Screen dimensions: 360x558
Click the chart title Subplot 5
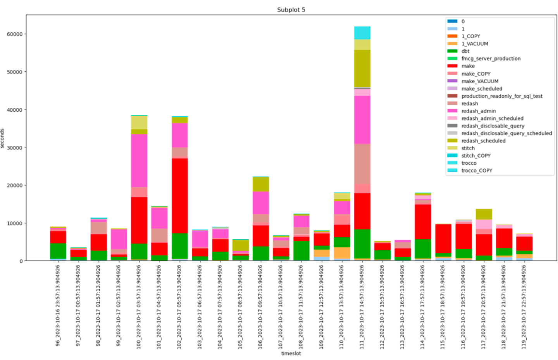click(291, 10)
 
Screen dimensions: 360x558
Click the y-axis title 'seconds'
click(3, 138)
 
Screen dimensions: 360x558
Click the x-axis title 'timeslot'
click(291, 353)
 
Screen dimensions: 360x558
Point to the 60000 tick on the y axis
click(15, 34)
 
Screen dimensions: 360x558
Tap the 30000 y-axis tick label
click(15, 148)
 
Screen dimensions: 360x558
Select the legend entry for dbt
click(465, 51)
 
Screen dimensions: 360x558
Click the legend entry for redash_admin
click(478, 111)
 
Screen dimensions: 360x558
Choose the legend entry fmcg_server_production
click(491, 59)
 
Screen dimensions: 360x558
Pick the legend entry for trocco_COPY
click(477, 171)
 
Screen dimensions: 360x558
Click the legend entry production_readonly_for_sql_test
click(501, 96)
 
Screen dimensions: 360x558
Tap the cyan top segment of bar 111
click(362, 33)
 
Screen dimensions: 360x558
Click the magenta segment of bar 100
click(139, 160)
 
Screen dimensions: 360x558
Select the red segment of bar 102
click(180, 196)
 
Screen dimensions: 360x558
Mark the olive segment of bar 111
click(362, 68)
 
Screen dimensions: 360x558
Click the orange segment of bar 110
click(342, 253)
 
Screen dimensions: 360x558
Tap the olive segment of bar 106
click(261, 184)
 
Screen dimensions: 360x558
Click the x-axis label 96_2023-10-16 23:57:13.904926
click(58, 305)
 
